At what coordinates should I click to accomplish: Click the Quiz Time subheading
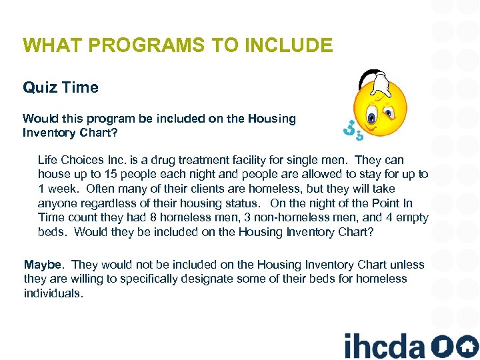(x=61, y=87)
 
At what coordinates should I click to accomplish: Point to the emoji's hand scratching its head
(x=376, y=84)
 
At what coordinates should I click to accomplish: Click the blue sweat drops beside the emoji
(x=352, y=130)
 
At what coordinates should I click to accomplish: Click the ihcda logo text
(x=384, y=345)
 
